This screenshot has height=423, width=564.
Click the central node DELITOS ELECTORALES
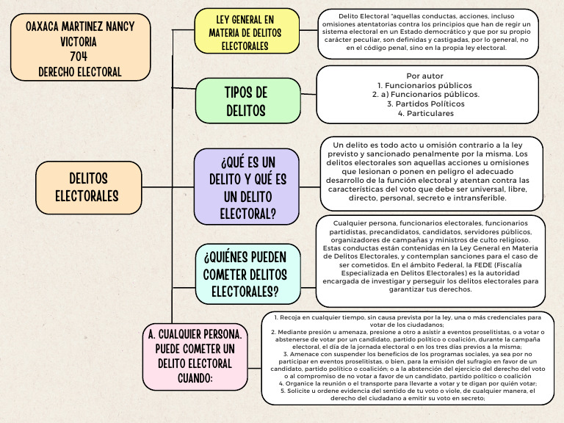(x=88, y=187)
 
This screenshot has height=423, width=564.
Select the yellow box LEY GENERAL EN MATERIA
(x=247, y=31)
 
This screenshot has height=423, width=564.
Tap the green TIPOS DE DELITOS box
(x=247, y=101)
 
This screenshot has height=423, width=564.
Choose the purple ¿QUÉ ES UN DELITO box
(x=247, y=187)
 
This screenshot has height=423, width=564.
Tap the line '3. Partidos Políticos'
(x=430, y=104)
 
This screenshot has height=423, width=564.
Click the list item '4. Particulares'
(x=430, y=114)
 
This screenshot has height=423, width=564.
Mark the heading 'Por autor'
(x=430, y=76)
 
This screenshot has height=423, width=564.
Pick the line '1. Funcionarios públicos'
(x=430, y=85)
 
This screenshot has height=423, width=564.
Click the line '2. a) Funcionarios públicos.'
(x=430, y=95)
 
